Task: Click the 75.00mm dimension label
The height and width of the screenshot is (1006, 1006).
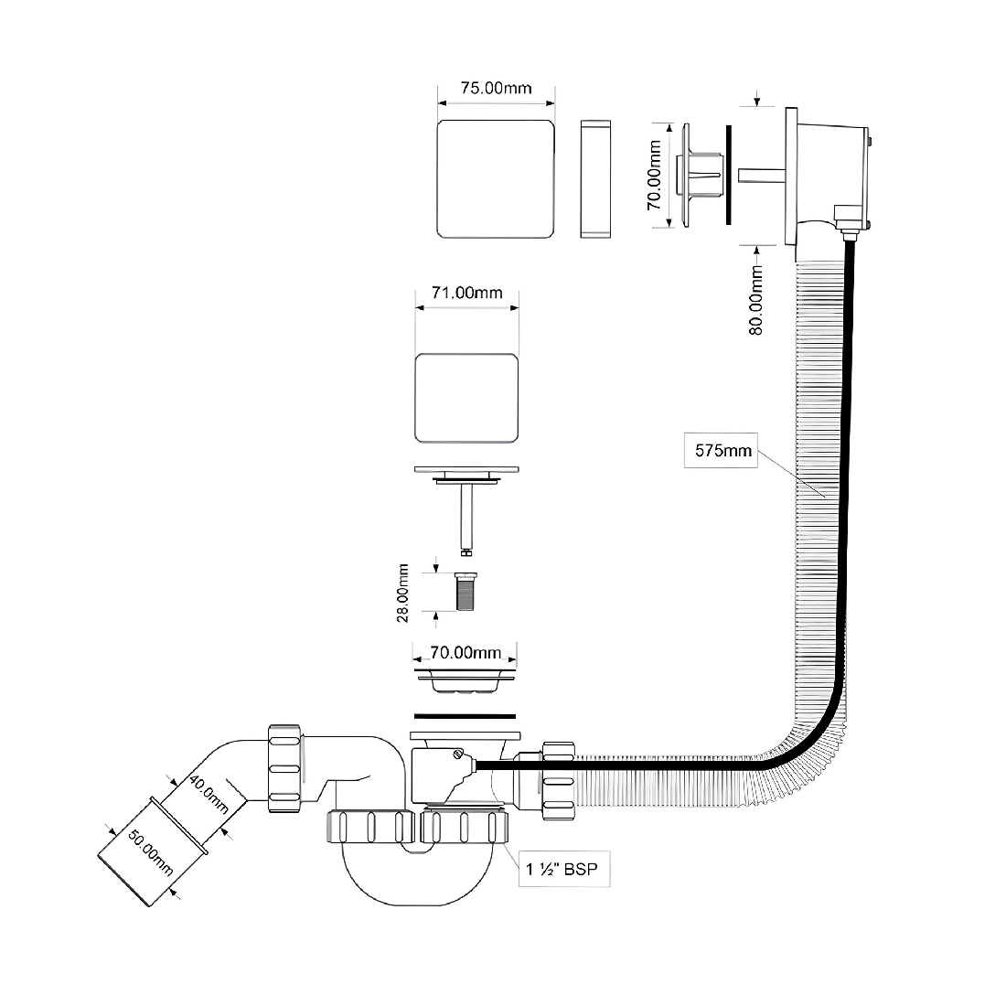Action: (x=496, y=88)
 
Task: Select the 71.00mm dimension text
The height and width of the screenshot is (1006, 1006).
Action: (x=466, y=293)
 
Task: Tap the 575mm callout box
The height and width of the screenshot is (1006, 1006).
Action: (x=722, y=450)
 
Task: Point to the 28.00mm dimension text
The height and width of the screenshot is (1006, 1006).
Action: (x=402, y=593)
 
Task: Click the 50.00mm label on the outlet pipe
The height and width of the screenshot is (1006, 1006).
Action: (x=150, y=852)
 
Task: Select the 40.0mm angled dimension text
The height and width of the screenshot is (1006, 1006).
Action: (x=208, y=794)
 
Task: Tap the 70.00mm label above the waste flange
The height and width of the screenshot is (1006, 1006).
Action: (x=466, y=652)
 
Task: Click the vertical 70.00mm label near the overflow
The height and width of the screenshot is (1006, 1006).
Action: (x=654, y=176)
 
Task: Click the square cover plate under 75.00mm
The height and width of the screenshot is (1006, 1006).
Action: (x=496, y=179)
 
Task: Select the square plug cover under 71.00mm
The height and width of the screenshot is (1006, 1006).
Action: (x=466, y=398)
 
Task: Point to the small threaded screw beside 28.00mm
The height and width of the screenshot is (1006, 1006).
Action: (x=466, y=591)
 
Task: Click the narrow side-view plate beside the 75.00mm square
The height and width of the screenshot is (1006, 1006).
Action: (x=595, y=179)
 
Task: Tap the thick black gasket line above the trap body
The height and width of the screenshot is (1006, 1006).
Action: (x=466, y=716)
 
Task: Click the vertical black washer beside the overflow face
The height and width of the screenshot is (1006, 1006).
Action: (x=729, y=175)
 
